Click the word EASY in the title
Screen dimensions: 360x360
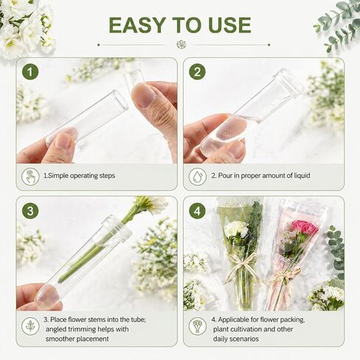[x=137, y=25]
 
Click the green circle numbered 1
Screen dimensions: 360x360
[x=30, y=72]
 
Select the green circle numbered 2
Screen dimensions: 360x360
[x=197, y=72]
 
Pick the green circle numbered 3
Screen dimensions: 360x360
[x=30, y=211]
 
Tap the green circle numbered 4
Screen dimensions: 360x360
[x=197, y=211]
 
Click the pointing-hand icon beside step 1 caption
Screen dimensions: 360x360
[x=30, y=176]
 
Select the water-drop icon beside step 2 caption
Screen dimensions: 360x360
[x=198, y=176]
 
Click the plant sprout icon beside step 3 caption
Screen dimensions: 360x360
[x=30, y=326]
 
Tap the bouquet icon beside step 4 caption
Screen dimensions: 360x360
[x=198, y=326]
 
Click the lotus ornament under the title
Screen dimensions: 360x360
[x=181, y=44]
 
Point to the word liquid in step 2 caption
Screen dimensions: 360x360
[x=302, y=176]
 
